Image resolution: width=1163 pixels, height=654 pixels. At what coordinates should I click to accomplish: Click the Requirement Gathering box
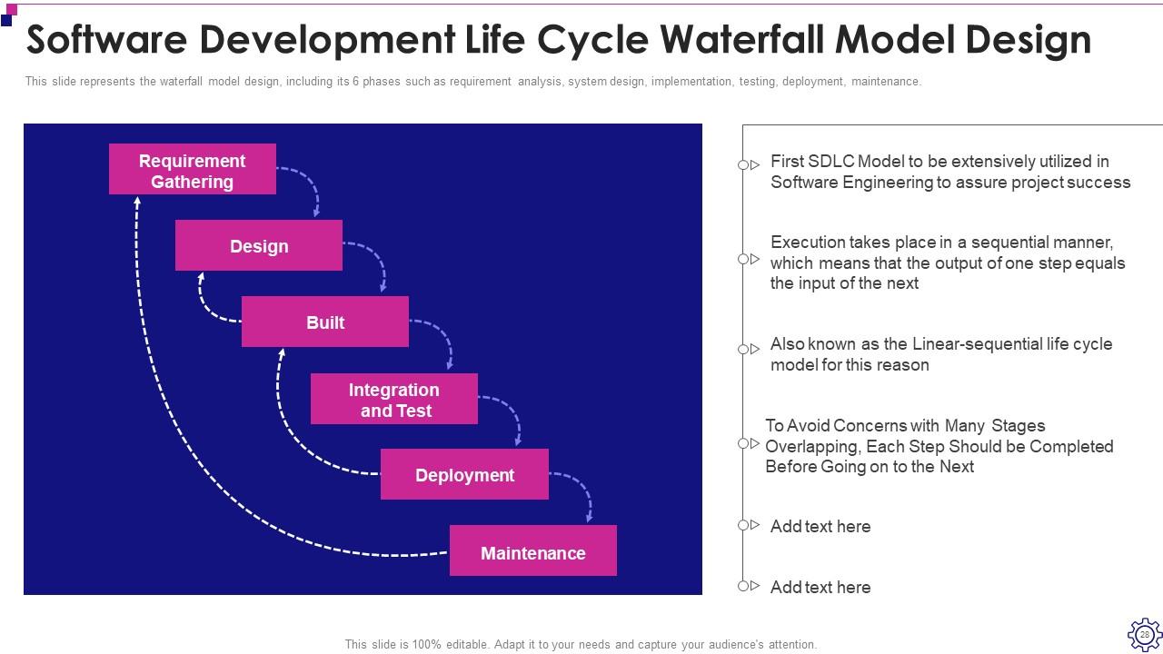tap(192, 170)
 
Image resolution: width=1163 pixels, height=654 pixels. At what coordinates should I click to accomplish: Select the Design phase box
tap(259, 246)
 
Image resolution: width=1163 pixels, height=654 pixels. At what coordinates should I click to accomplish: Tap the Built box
tap(325, 322)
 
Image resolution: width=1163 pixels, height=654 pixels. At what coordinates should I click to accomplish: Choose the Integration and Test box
tap(394, 400)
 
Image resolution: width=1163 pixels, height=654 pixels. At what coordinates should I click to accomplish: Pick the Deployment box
tap(464, 475)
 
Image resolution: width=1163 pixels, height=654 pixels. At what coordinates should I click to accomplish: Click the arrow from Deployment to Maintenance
tap(582, 490)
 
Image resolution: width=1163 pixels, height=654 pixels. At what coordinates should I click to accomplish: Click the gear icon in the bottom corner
tap(1144, 634)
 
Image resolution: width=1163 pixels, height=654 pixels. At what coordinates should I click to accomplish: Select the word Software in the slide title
tap(108, 40)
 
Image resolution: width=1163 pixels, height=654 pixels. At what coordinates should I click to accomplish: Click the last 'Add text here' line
tap(820, 587)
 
